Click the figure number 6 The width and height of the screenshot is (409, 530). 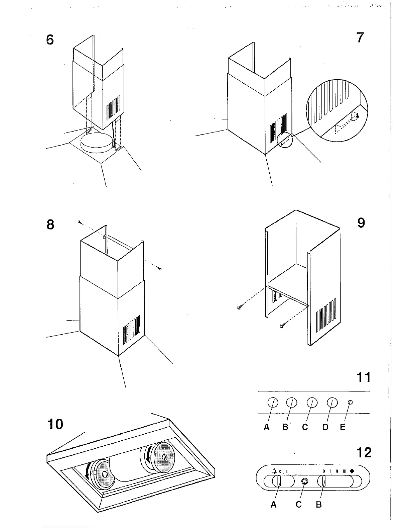coord(50,40)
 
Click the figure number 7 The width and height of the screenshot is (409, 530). coord(360,37)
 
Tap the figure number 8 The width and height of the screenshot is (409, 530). coord(50,225)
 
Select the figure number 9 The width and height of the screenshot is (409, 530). coord(361,223)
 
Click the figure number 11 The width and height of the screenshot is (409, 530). coord(364,377)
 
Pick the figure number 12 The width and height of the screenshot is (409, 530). coord(364,453)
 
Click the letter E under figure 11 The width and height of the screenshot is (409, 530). coord(343,427)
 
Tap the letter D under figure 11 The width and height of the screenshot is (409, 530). coord(325,427)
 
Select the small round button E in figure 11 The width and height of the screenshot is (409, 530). coord(350,402)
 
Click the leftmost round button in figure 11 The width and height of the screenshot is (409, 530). coord(273,403)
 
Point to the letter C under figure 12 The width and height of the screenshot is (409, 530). coord(299,505)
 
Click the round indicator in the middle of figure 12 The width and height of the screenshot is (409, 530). coord(304,481)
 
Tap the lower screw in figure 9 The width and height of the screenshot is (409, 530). coord(282,325)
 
